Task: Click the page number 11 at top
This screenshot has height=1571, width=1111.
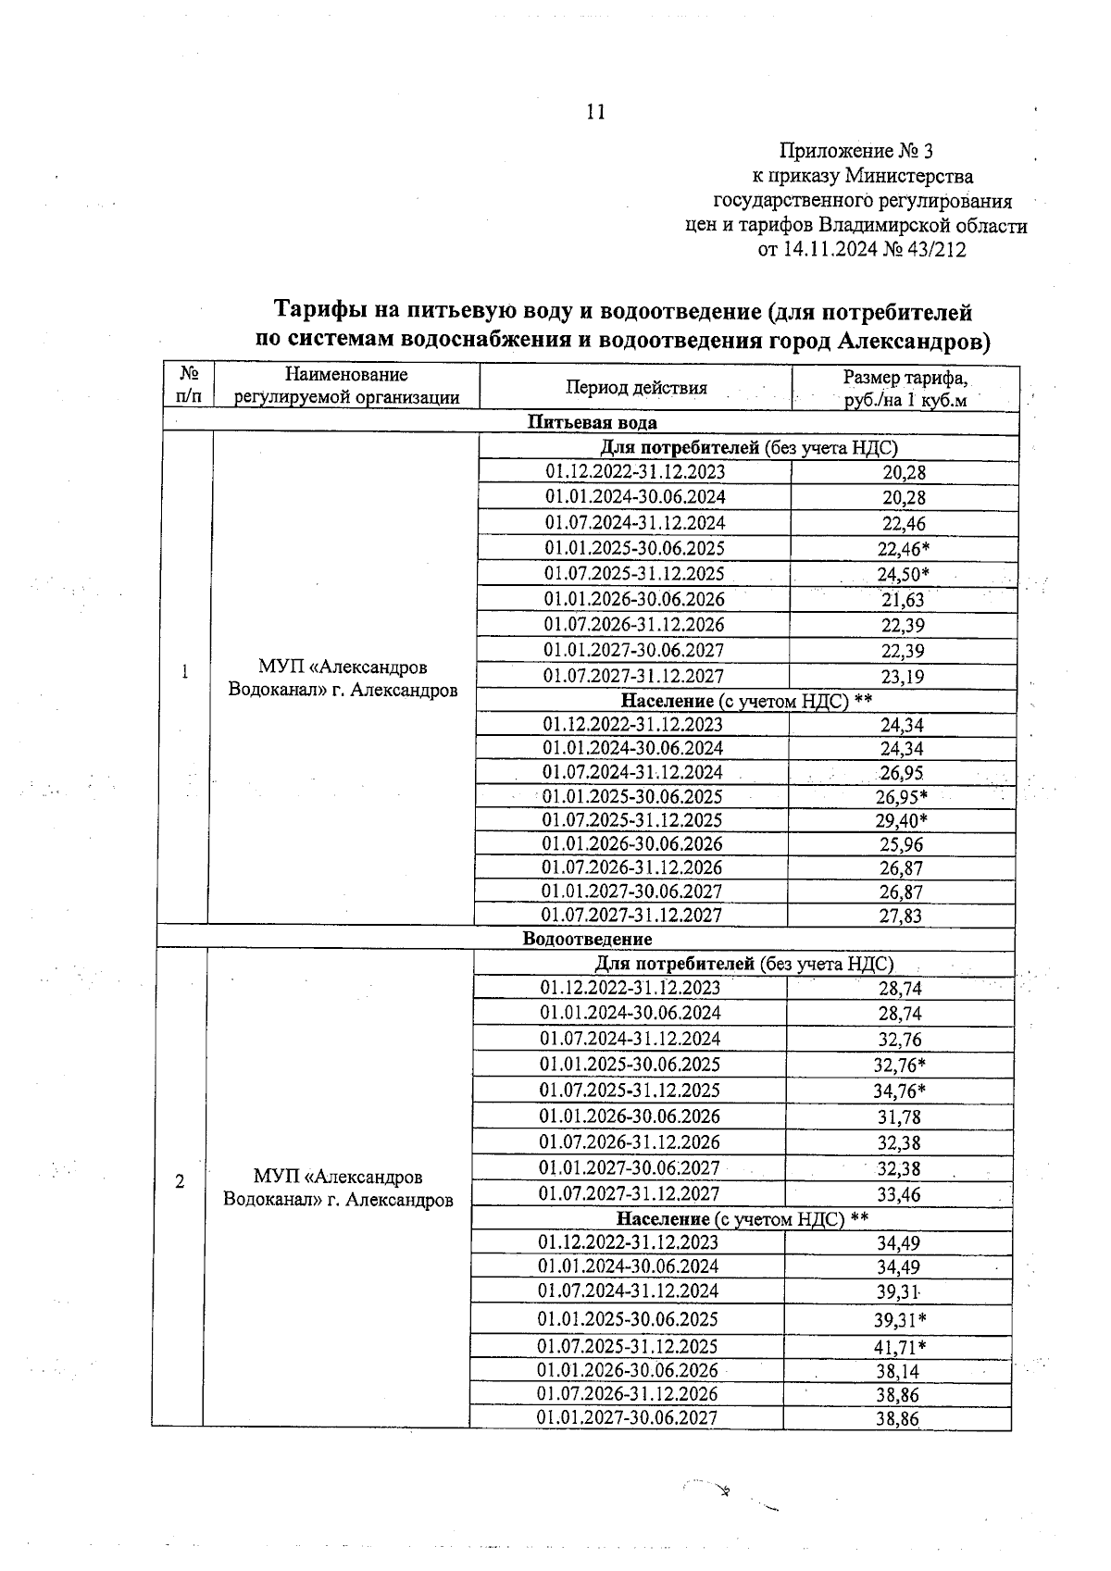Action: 595,112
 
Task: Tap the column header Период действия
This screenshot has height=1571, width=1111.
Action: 636,388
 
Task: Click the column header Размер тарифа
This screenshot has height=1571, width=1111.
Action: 905,379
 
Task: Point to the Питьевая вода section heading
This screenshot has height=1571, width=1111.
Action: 592,422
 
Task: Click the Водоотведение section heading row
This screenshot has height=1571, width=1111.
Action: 587,939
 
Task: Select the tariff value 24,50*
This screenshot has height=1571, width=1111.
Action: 903,574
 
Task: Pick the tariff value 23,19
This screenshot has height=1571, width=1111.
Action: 902,677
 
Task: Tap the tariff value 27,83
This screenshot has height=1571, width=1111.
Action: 900,916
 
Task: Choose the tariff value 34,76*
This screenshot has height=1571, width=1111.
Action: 899,1091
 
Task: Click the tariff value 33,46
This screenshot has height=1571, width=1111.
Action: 898,1194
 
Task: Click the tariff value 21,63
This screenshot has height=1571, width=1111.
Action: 902,600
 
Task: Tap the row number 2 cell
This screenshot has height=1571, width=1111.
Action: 180,1182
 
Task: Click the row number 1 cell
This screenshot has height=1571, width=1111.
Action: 185,672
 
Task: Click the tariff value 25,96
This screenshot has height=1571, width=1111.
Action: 900,844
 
